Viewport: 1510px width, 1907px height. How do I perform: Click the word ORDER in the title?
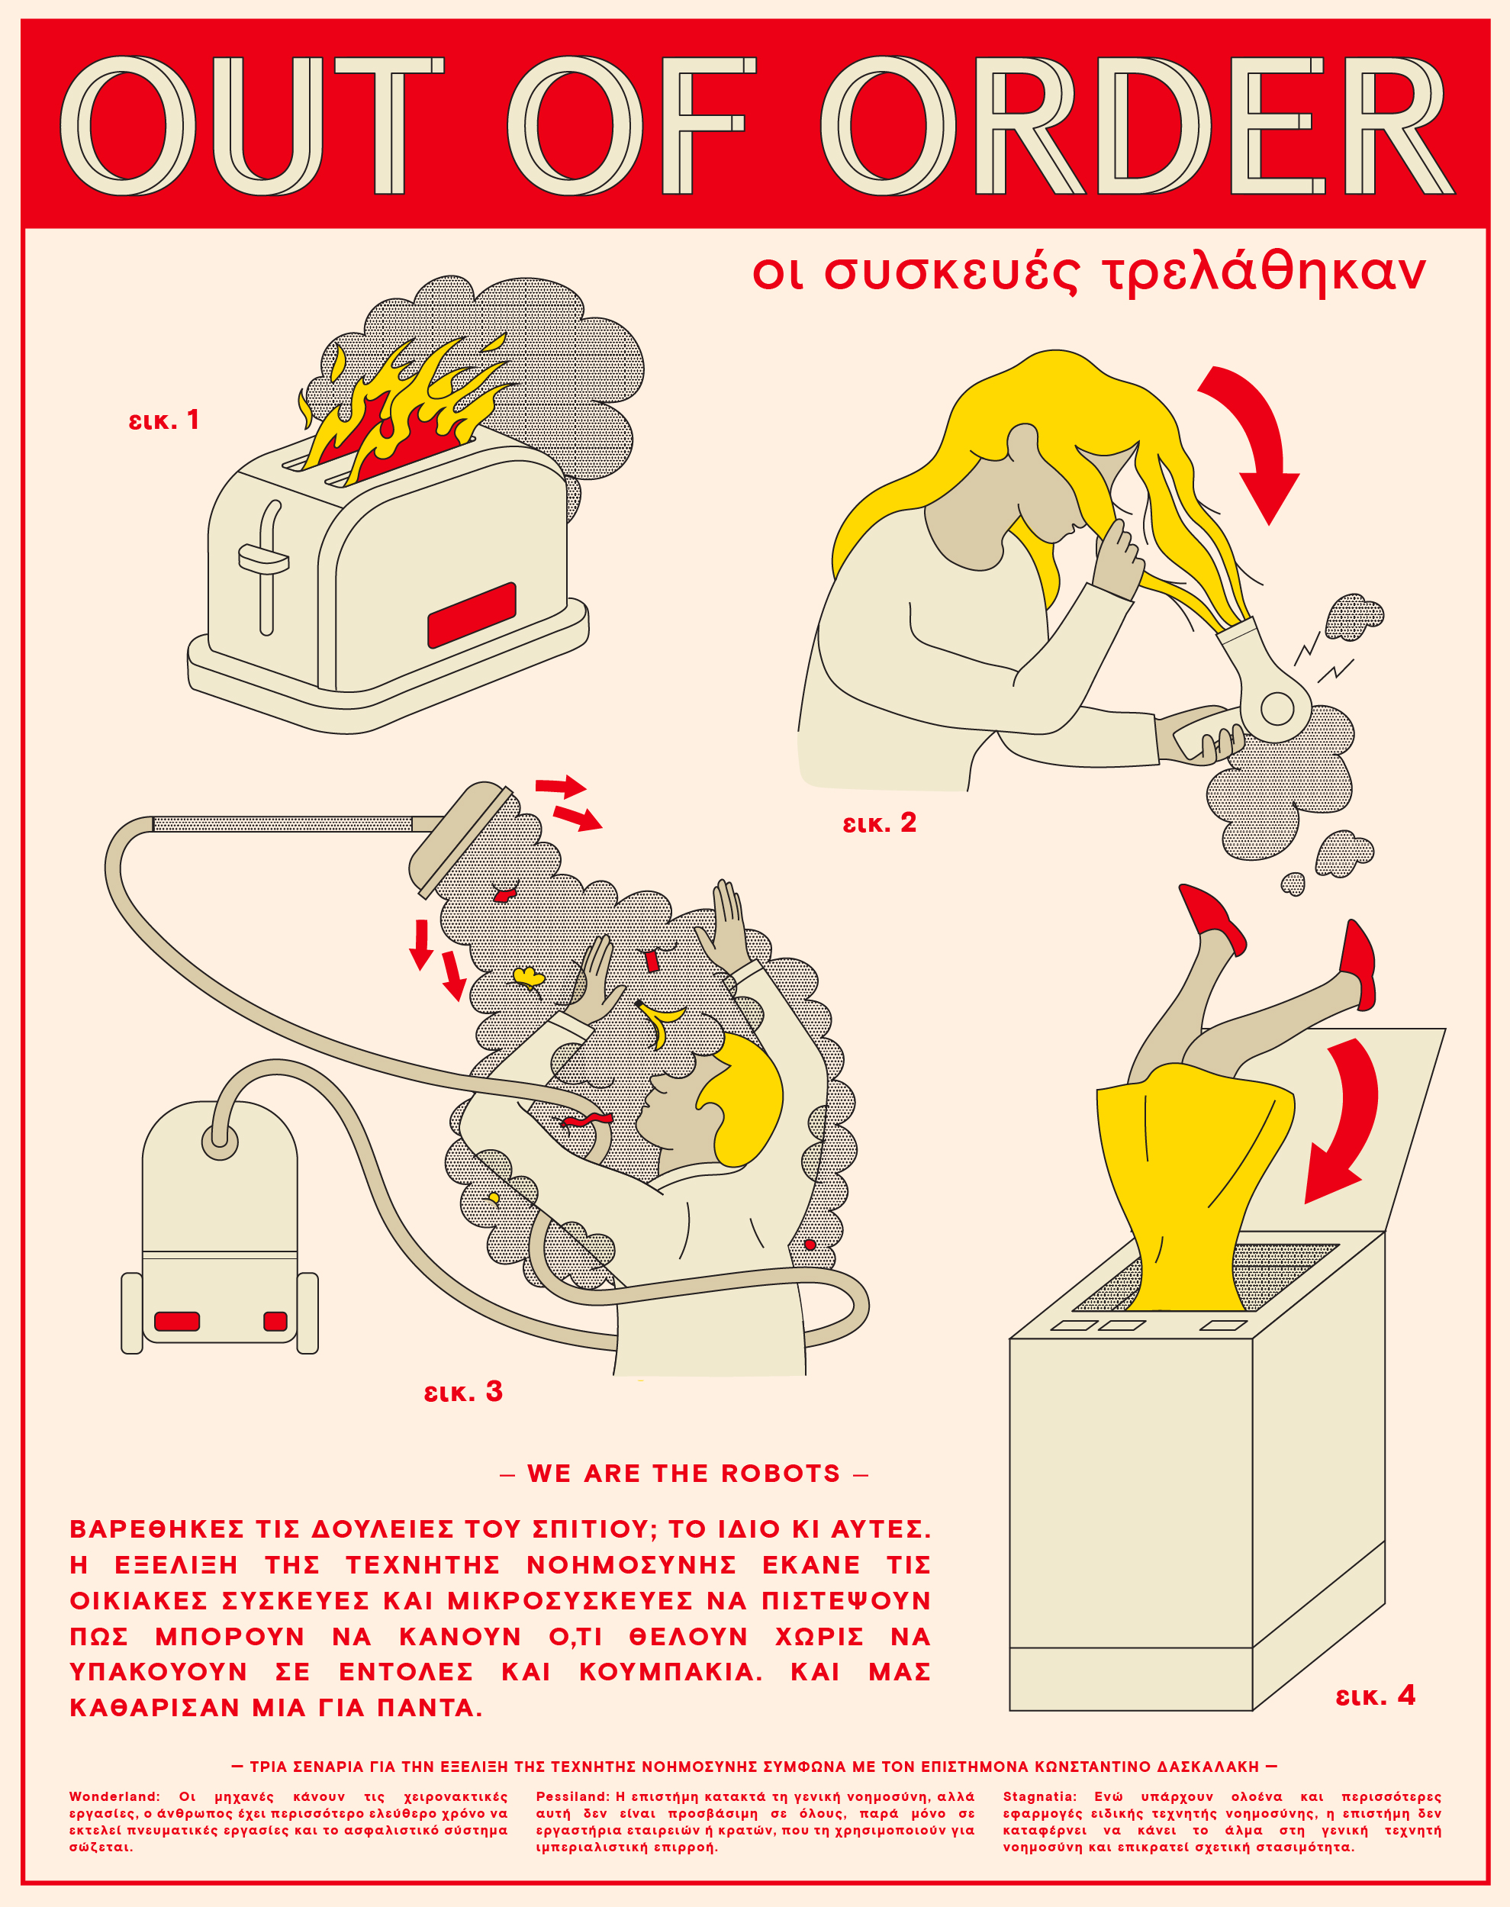click(1136, 126)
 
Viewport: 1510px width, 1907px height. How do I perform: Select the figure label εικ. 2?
click(879, 823)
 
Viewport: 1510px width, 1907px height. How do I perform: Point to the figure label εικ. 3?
click(462, 1392)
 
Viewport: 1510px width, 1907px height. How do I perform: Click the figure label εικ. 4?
click(1375, 1695)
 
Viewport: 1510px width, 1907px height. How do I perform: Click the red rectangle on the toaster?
click(472, 614)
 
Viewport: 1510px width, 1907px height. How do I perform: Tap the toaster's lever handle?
click(263, 559)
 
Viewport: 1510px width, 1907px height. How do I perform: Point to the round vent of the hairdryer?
click(1276, 707)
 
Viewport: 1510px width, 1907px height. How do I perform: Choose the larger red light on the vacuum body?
click(177, 1321)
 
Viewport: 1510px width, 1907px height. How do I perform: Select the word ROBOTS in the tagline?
click(780, 1473)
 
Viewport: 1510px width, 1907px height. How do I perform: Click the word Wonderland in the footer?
click(112, 1796)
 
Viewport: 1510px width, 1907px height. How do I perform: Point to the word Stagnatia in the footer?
click(1038, 1796)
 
